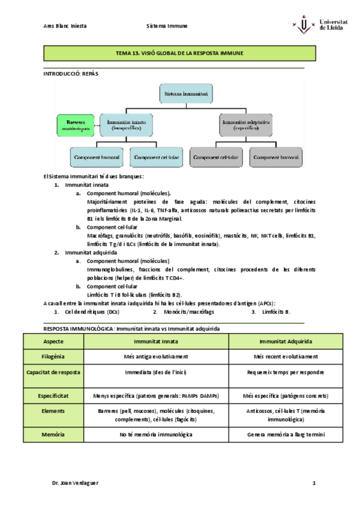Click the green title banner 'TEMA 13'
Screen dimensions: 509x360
[x=179, y=53]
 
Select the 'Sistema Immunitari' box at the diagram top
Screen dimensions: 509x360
[x=187, y=93]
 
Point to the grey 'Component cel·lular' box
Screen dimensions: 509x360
[x=215, y=157]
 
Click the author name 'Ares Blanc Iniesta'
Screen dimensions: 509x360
[x=65, y=26]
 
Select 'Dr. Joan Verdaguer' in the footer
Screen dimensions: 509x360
[x=75, y=483]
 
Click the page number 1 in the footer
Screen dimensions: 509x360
[x=313, y=483]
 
